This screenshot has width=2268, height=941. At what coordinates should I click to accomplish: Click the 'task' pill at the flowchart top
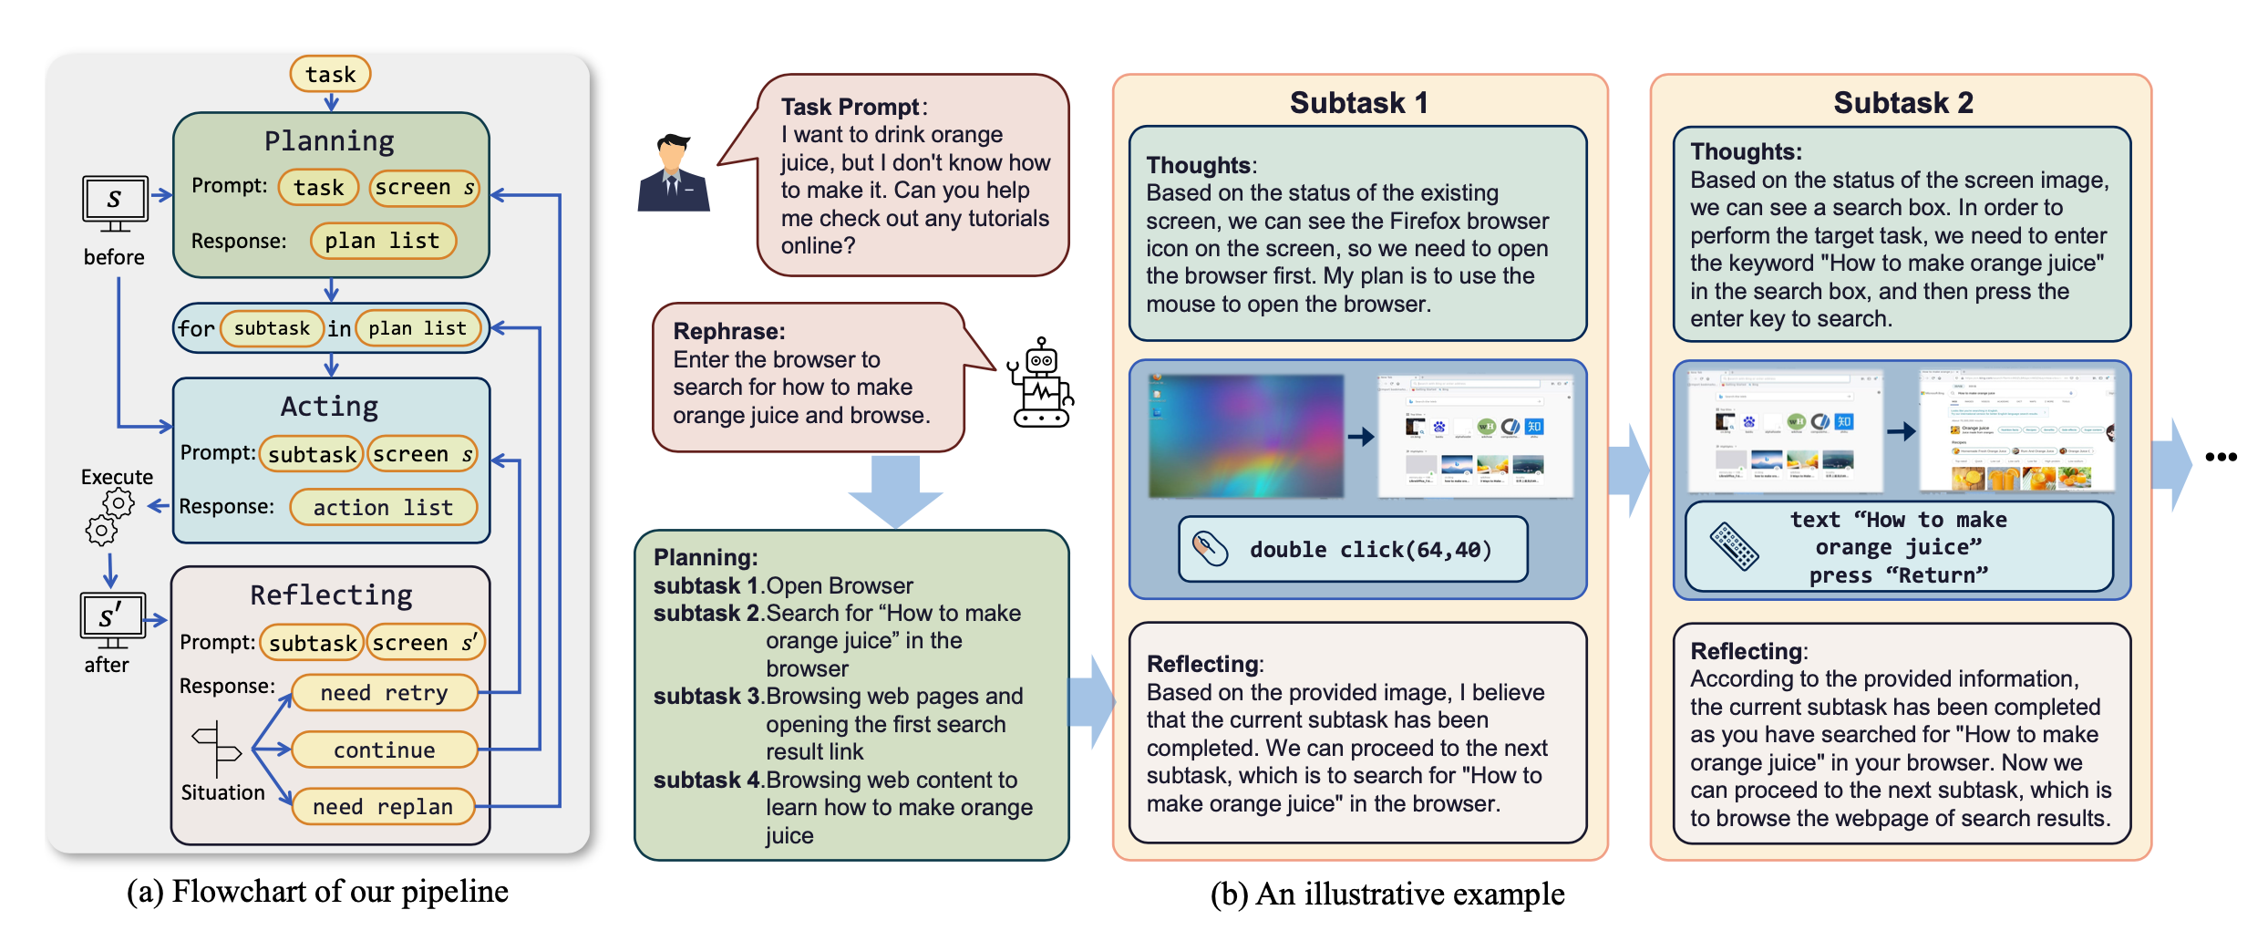[x=330, y=74]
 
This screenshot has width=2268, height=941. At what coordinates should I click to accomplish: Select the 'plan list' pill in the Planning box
[x=382, y=241]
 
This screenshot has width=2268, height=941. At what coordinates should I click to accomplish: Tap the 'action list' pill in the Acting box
[x=383, y=507]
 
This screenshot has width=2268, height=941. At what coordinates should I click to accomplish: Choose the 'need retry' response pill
[x=384, y=693]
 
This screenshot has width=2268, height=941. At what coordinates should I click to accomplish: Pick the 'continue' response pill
[x=384, y=750]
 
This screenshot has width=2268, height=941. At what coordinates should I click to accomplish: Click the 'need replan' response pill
[x=383, y=807]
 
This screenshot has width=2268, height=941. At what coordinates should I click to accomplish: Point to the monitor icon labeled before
[x=115, y=202]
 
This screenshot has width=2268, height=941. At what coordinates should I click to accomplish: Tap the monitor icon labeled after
[x=111, y=619]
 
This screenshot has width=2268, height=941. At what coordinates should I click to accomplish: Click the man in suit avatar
[x=673, y=173]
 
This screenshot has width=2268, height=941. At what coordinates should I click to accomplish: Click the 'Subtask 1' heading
[x=1358, y=103]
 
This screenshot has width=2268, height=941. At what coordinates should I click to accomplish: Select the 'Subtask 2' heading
[x=1902, y=103]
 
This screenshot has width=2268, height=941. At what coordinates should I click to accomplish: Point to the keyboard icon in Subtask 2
[x=1733, y=546]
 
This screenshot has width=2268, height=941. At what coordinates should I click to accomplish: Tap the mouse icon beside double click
[x=1211, y=548]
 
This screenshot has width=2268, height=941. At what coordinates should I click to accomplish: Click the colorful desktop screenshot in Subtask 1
[x=1245, y=436]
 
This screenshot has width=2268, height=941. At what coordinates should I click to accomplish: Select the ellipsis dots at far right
[x=2221, y=457]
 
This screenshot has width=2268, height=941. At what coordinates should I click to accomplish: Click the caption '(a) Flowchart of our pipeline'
[x=317, y=892]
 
